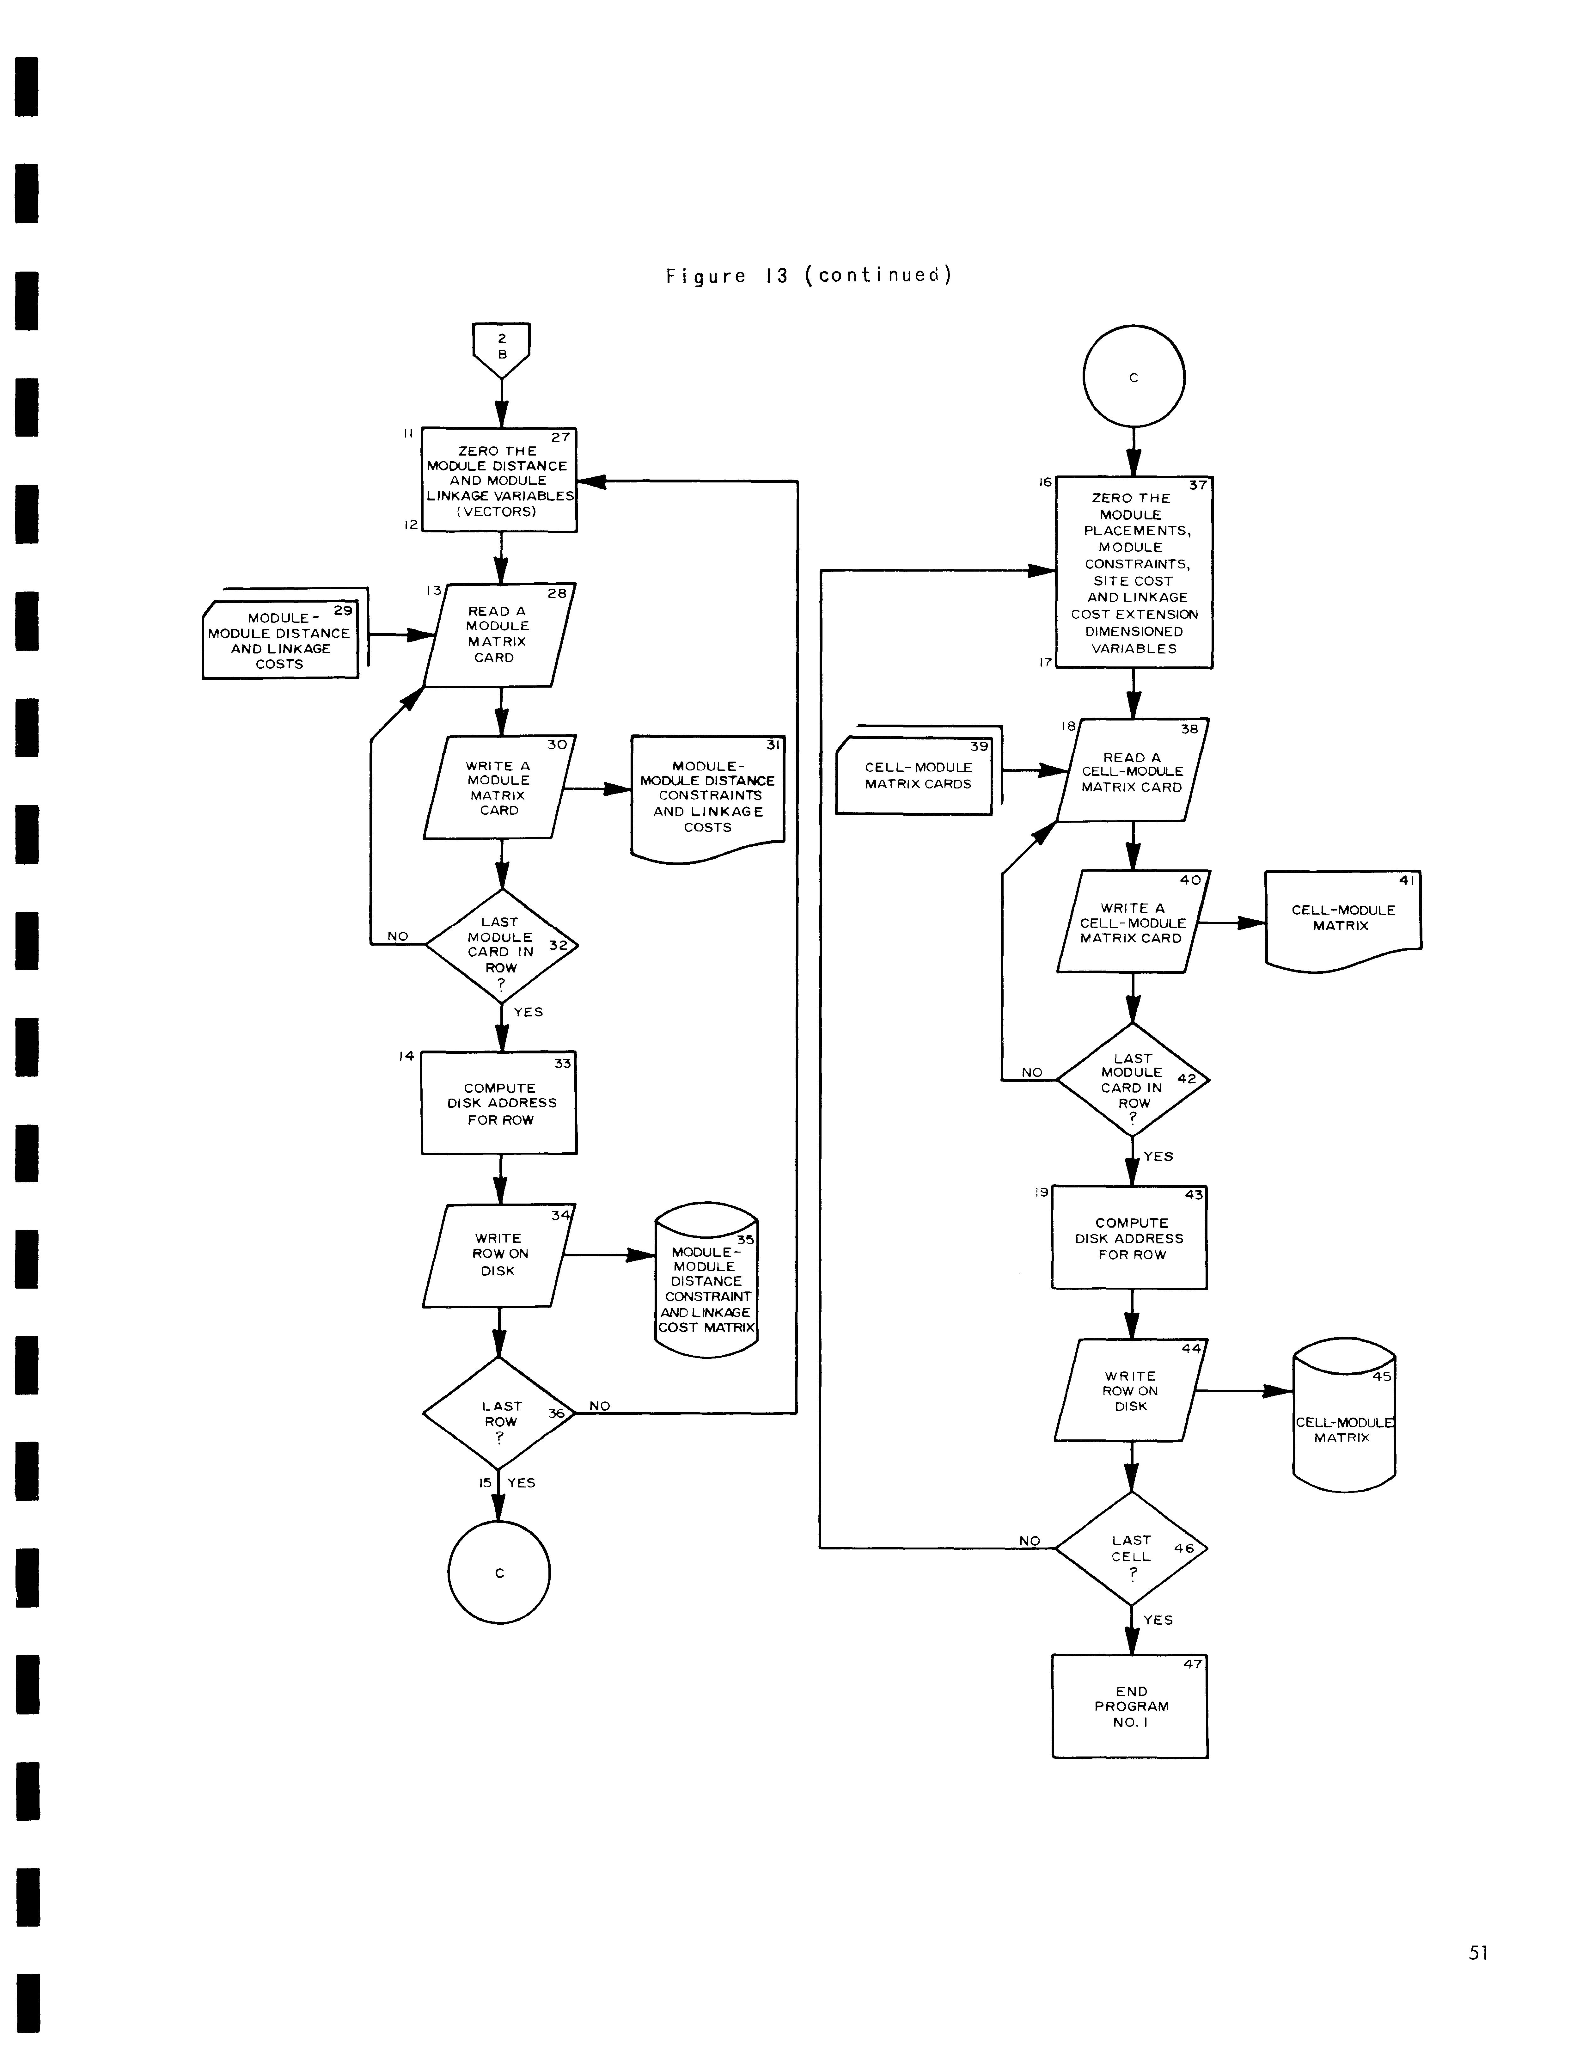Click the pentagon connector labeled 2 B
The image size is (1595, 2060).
(501, 349)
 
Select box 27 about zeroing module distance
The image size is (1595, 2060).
(499, 480)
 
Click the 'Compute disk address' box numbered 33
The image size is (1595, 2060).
(499, 1103)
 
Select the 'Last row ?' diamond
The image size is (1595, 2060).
(499, 1413)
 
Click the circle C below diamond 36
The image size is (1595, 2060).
(499, 1573)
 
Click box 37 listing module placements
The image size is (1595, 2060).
(1134, 573)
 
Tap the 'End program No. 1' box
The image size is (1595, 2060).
(1130, 1706)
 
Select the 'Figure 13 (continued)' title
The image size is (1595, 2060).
(808, 275)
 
